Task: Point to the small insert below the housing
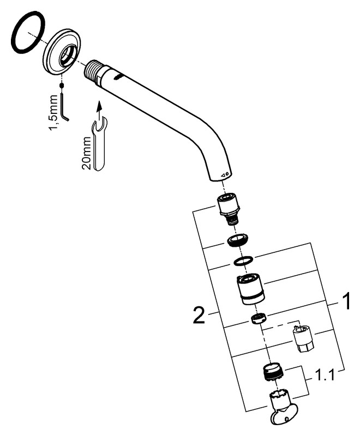click(258, 318)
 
